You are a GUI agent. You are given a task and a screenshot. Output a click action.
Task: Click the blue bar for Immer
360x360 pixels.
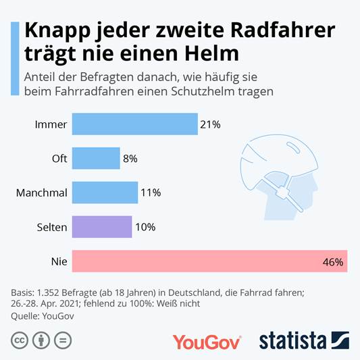(x=134, y=124)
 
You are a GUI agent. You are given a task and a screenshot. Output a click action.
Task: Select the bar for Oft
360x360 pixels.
(x=95, y=159)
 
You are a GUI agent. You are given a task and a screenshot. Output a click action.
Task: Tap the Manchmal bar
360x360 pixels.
(x=104, y=192)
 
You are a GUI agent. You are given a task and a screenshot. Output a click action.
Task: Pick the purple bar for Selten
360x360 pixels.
(x=101, y=227)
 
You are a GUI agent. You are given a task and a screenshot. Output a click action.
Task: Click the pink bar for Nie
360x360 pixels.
(x=209, y=261)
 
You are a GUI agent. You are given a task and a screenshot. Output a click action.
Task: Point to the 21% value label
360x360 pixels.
(x=210, y=124)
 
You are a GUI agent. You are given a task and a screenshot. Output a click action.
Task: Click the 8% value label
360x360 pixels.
(x=130, y=159)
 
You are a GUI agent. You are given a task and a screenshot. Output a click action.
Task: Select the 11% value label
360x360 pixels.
(x=150, y=192)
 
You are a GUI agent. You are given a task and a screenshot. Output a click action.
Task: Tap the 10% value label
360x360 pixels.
(x=145, y=227)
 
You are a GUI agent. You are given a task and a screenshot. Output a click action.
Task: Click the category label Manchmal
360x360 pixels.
(x=41, y=192)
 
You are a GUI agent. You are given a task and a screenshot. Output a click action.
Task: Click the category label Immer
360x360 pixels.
(x=51, y=124)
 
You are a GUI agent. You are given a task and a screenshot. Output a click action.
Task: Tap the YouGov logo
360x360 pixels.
(x=207, y=341)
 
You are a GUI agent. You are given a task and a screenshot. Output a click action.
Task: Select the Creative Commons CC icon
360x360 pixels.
(x=19, y=340)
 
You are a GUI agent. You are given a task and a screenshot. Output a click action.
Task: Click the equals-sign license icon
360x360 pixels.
(x=62, y=340)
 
